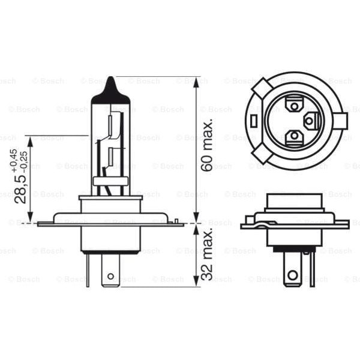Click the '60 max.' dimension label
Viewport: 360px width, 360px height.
click(208, 146)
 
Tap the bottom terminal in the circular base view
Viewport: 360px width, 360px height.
click(293, 137)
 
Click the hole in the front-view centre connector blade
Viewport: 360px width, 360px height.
click(110, 277)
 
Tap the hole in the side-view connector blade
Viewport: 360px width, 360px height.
click(292, 275)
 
